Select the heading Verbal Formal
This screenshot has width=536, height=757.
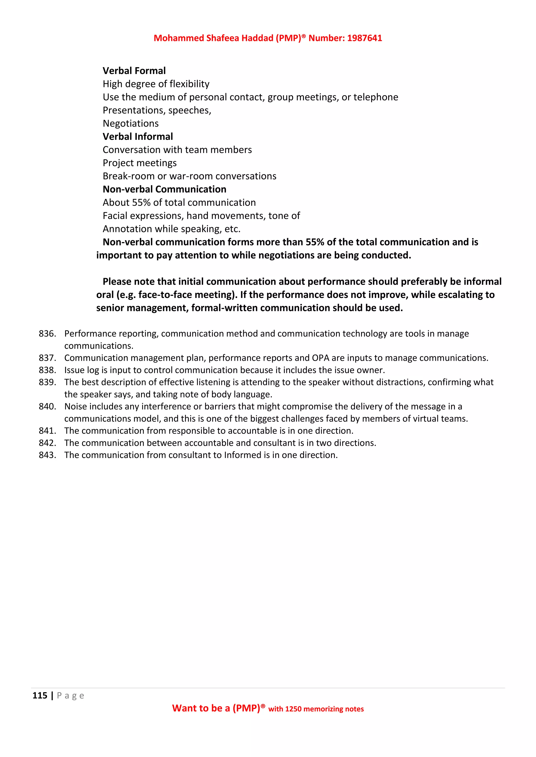(134, 71)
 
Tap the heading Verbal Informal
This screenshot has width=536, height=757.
(138, 136)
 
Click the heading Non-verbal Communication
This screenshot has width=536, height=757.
(164, 189)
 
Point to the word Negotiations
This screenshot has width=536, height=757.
(130, 124)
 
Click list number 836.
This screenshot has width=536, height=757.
(47, 334)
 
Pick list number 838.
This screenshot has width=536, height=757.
(47, 370)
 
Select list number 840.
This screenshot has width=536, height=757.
(47, 406)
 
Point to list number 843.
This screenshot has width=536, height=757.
(47, 455)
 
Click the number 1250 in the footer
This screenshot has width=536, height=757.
(293, 709)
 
